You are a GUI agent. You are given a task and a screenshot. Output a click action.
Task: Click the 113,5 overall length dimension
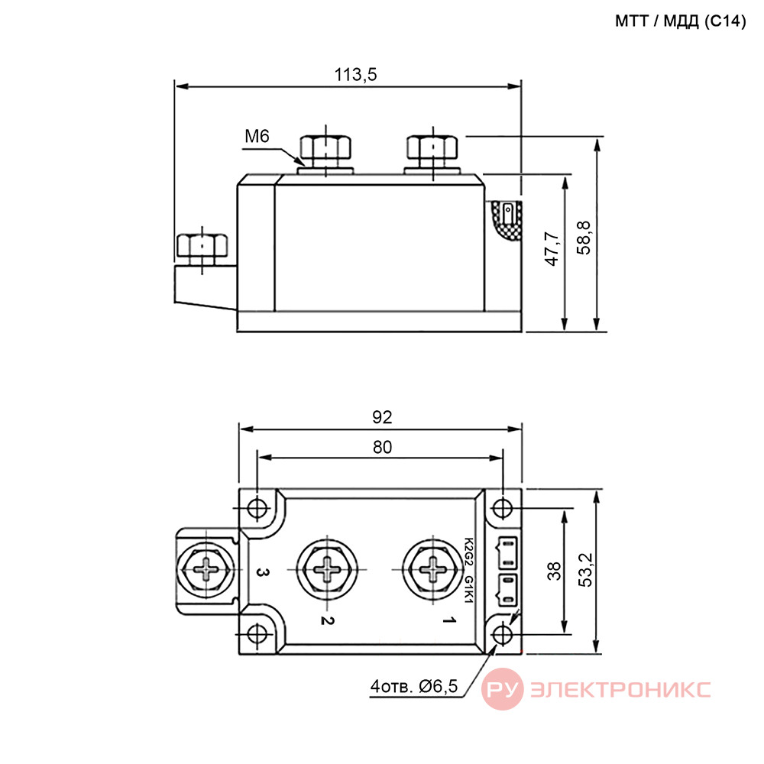tap(355, 75)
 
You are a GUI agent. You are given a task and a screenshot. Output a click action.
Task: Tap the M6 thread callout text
tap(257, 136)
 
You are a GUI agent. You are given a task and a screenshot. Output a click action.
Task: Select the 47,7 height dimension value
tap(553, 249)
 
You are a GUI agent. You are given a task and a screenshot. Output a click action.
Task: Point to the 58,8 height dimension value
tap(584, 238)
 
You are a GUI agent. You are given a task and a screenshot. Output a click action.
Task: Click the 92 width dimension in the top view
tap(382, 417)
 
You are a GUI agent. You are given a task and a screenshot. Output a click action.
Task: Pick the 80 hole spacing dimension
tap(382, 447)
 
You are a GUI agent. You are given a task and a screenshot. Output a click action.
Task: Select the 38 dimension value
tap(554, 571)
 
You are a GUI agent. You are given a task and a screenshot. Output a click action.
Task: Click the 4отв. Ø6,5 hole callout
tap(414, 686)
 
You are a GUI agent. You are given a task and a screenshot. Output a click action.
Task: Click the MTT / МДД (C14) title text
tap(680, 21)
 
